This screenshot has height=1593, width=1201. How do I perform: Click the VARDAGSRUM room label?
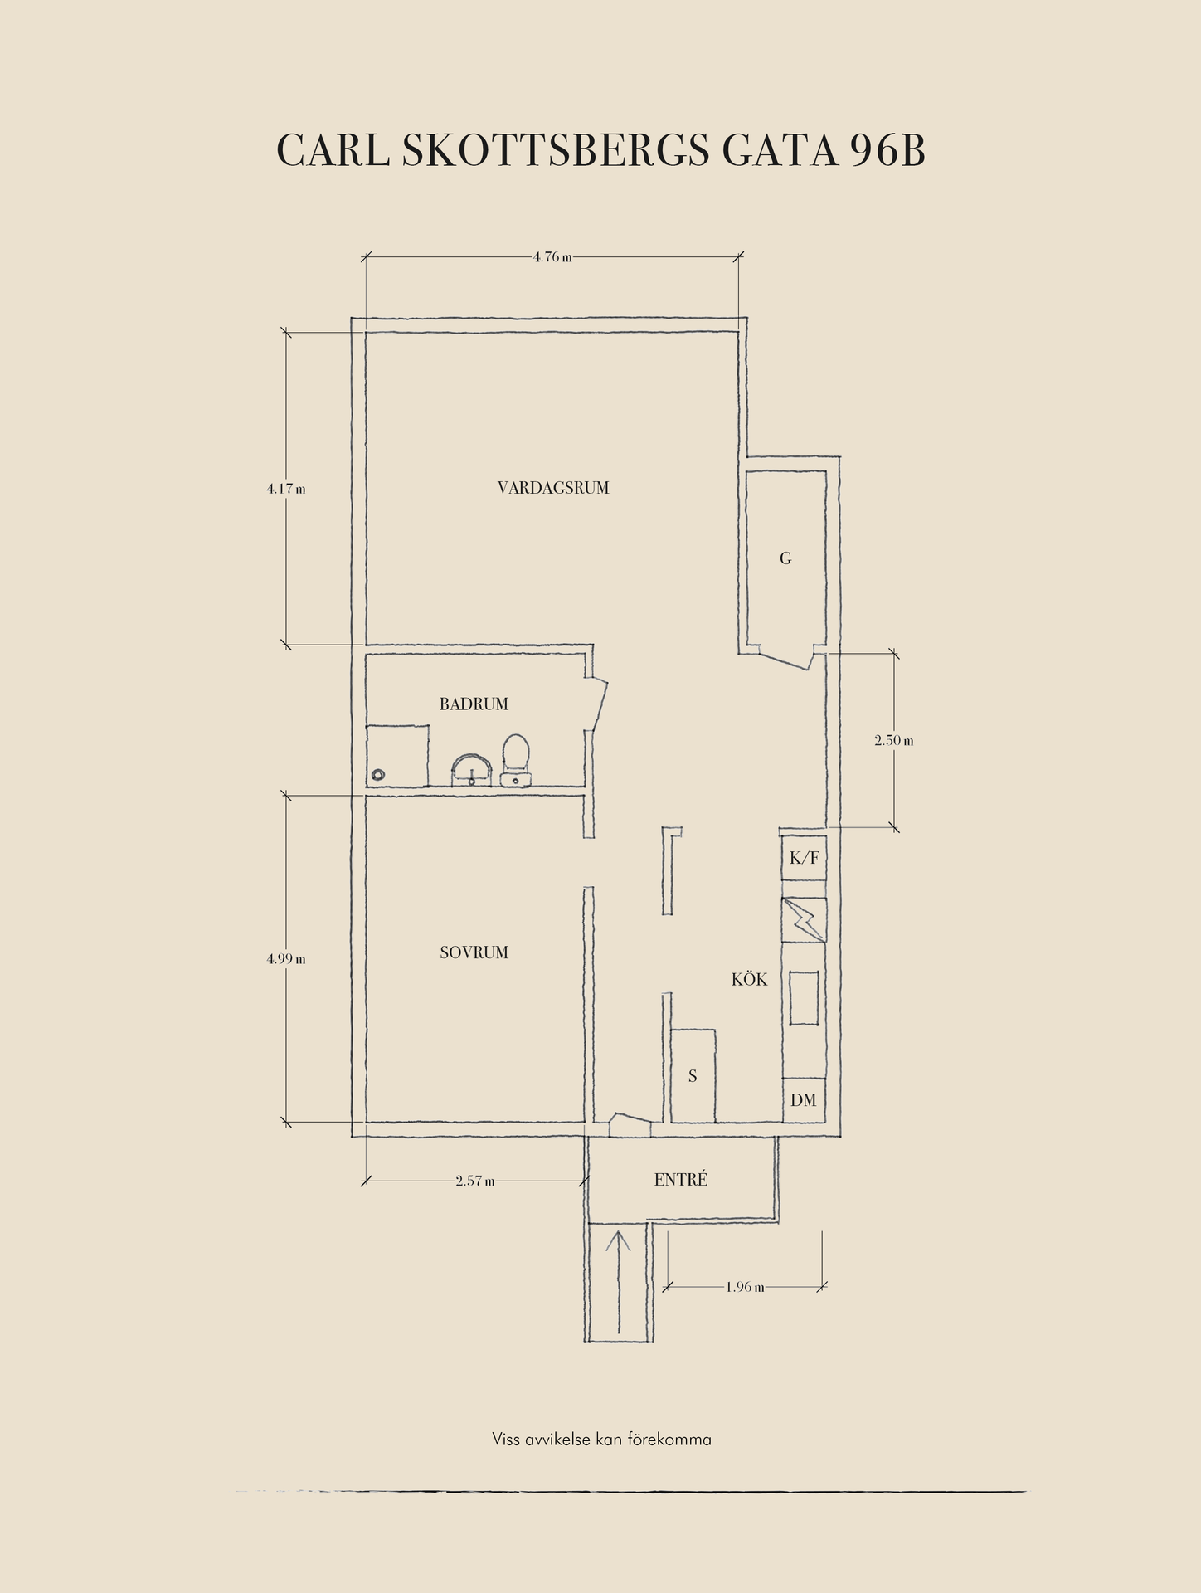click(553, 488)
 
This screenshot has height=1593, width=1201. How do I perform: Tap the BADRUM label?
click(474, 704)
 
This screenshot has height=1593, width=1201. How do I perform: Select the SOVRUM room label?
click(474, 952)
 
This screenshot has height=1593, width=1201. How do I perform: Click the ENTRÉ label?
click(681, 1179)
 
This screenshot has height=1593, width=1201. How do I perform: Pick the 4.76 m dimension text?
click(552, 257)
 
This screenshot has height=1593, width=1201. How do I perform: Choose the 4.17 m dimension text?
click(286, 489)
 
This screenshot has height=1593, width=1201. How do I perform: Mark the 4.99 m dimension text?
click(286, 958)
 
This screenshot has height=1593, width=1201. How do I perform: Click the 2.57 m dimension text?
click(475, 1181)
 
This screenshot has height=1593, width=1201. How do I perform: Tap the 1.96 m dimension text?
click(745, 1287)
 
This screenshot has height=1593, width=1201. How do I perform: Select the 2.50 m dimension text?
click(894, 740)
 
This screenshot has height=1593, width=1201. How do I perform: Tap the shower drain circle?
click(378, 775)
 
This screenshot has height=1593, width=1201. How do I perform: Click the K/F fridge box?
click(804, 858)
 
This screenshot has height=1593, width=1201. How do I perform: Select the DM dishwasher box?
click(804, 1100)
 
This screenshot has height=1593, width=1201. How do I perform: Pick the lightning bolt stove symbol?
click(804, 919)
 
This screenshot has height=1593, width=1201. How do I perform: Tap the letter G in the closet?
click(785, 558)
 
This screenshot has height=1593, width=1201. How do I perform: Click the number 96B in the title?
click(887, 150)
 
